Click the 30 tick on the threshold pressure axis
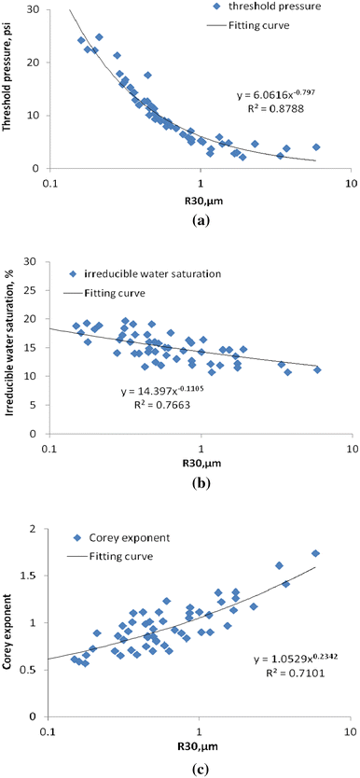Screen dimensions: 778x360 click(x=35, y=9)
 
